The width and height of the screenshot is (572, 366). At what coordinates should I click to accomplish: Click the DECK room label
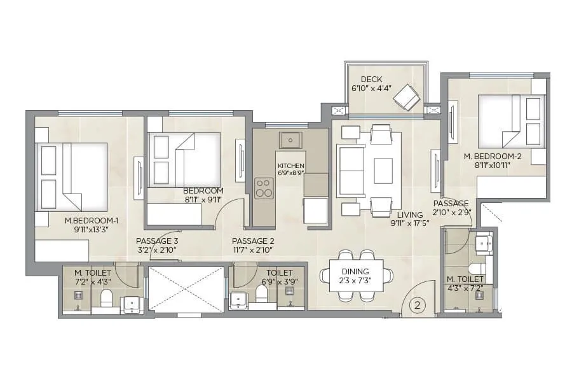click(371, 80)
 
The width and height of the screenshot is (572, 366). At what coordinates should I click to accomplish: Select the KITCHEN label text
click(290, 166)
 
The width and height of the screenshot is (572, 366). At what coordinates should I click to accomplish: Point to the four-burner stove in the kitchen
click(264, 187)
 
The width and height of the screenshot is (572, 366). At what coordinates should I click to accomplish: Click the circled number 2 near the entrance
click(418, 306)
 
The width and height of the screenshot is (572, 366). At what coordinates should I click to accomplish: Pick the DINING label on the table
click(357, 271)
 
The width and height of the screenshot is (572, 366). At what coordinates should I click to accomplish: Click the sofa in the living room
click(350, 171)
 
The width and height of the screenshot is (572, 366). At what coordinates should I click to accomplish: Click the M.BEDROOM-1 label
click(92, 221)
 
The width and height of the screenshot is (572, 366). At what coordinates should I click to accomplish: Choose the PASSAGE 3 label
click(156, 241)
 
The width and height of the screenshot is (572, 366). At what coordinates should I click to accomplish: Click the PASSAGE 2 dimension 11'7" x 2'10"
click(252, 250)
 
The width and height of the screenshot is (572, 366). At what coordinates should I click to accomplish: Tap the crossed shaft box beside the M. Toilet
click(186, 289)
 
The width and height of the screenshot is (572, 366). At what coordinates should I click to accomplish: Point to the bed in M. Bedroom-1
click(72, 176)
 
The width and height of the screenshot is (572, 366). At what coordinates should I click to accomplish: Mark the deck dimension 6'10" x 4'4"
click(371, 90)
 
